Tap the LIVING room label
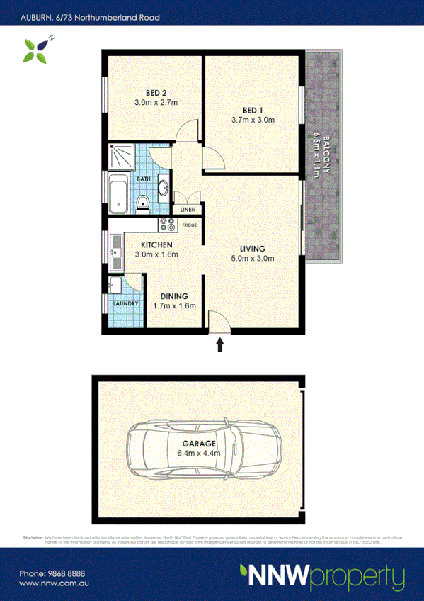point(252,249)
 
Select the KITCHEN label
point(152,245)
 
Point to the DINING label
point(173,296)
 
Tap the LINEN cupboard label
point(188,210)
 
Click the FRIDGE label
point(190,225)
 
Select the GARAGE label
point(202,444)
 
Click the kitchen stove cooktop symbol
point(167,225)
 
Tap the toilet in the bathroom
point(144,203)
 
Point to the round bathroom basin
point(163,188)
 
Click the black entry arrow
point(219,344)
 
